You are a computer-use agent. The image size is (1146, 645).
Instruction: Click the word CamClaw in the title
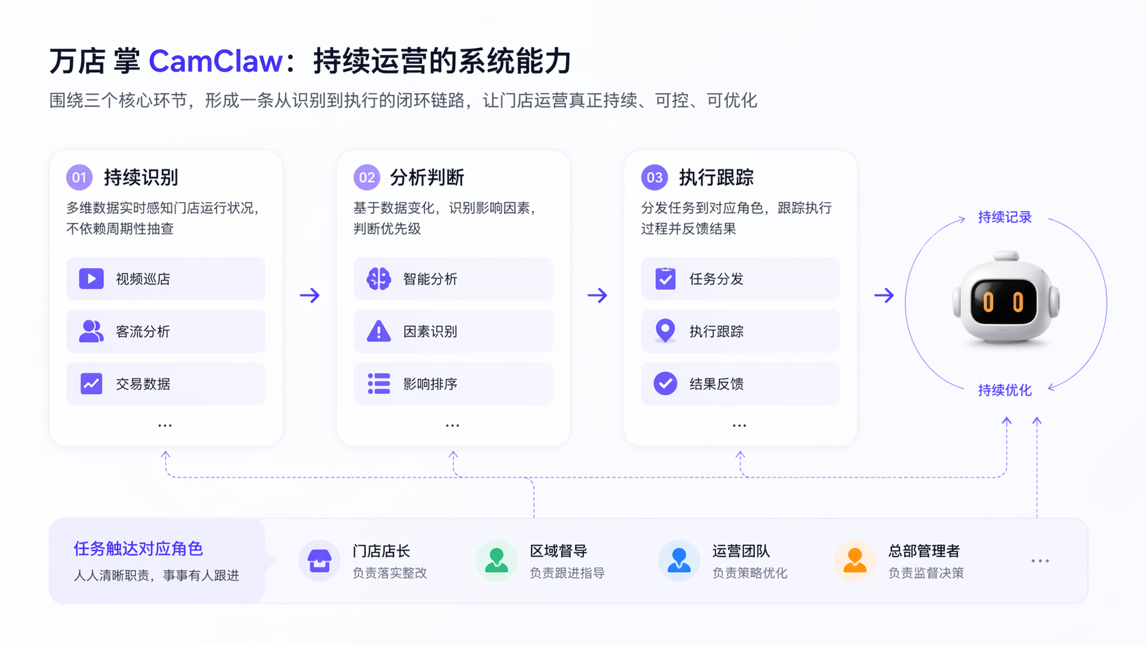[215, 62]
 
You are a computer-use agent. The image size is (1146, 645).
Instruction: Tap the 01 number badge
[80, 178]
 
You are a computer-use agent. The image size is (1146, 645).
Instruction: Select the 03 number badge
[654, 178]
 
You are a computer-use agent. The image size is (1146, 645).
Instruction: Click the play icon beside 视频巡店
[91, 279]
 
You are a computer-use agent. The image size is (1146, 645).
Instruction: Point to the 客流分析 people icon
[91, 332]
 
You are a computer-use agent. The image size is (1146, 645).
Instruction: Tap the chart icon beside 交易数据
[91, 384]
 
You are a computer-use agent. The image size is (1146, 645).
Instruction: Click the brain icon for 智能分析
[378, 279]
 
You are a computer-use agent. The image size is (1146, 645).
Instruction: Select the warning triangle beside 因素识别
[378, 332]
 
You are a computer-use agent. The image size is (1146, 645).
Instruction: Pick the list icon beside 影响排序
[378, 384]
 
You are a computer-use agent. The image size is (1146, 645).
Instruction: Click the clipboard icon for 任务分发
[665, 279]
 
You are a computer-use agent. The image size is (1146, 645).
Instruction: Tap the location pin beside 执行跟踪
[665, 331]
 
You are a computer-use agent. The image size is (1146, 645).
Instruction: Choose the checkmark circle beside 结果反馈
[665, 384]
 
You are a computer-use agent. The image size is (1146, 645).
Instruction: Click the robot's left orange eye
[988, 302]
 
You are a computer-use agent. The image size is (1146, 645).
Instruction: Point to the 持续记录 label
[1004, 217]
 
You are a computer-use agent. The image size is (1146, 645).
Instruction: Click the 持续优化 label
[1004, 390]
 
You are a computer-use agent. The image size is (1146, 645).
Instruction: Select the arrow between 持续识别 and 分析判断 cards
[310, 295]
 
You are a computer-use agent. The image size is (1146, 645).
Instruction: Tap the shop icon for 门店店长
[319, 561]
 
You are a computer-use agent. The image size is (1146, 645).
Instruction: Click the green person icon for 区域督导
[496, 561]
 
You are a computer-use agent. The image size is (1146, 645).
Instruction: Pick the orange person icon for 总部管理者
[855, 561]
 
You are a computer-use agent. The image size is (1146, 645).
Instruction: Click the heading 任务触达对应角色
[138, 548]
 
